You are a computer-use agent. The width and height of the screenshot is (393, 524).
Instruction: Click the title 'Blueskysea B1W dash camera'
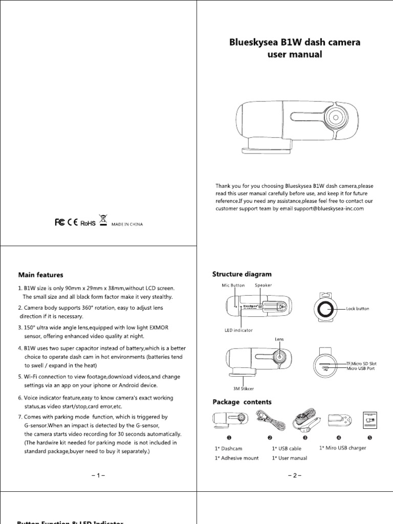pos(294,42)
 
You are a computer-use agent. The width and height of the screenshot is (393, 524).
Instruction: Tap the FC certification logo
pos(60,223)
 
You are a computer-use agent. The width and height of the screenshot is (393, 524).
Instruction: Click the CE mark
pos(73,223)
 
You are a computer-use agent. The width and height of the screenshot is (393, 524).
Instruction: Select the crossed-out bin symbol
pos(103,221)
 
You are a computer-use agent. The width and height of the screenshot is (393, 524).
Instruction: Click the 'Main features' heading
pos(41,275)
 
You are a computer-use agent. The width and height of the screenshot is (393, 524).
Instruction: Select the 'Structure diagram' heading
pos(242,274)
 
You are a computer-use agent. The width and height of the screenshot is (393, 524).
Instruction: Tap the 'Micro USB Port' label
pos(361,368)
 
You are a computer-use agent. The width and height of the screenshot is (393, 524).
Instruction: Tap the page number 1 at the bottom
pos(98,476)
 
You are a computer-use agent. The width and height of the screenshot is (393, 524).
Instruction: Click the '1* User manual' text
pos(289,458)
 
